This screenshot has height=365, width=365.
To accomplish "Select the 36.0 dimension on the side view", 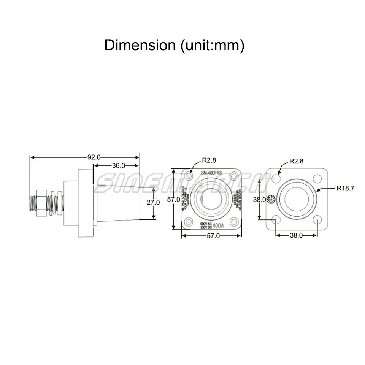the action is tap(118, 165).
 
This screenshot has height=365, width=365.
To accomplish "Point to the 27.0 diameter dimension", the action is tap(153, 202).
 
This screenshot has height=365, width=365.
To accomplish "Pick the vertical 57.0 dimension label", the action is tap(173, 199).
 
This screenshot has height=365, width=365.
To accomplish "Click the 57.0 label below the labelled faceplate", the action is tap(213, 236).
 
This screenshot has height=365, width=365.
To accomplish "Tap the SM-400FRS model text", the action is tap(211, 173).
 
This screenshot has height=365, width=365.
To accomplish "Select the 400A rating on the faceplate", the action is tap(219, 225).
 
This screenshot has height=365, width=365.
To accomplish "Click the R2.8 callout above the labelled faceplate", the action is tap(209, 161).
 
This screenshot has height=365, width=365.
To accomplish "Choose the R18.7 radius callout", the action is tap(345, 188).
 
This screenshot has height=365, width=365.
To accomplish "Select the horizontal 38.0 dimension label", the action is tap(296, 235).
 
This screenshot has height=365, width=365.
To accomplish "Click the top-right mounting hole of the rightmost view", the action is tap(317, 178).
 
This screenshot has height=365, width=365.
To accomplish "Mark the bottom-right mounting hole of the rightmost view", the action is tap(317, 219).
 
